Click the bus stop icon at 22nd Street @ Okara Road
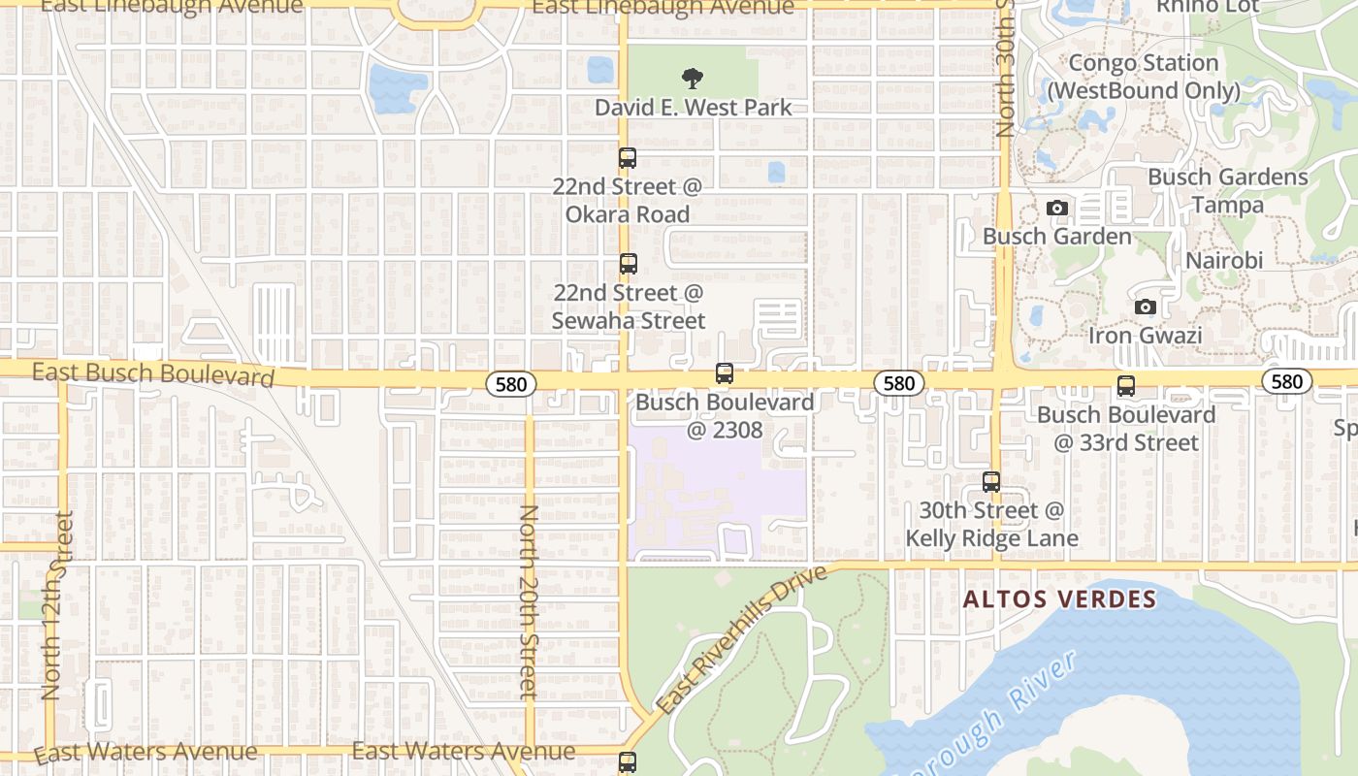click(628, 157)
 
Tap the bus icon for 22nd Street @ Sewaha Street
click(628, 263)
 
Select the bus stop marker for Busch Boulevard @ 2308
click(724, 372)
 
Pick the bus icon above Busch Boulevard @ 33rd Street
click(1125, 385)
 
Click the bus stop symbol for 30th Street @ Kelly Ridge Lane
click(990, 481)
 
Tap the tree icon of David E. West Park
click(692, 78)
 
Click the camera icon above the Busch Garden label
click(1057, 208)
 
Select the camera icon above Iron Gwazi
click(1145, 307)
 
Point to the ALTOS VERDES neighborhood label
click(1059, 599)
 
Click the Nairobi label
click(1224, 260)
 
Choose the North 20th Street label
click(529, 601)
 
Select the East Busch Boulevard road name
click(153, 374)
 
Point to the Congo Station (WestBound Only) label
click(1143, 77)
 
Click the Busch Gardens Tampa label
click(1227, 190)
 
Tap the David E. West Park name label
click(694, 107)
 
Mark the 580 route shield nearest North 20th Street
click(510, 384)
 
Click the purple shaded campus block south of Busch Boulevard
click(718, 485)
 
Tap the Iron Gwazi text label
click(1145, 336)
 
